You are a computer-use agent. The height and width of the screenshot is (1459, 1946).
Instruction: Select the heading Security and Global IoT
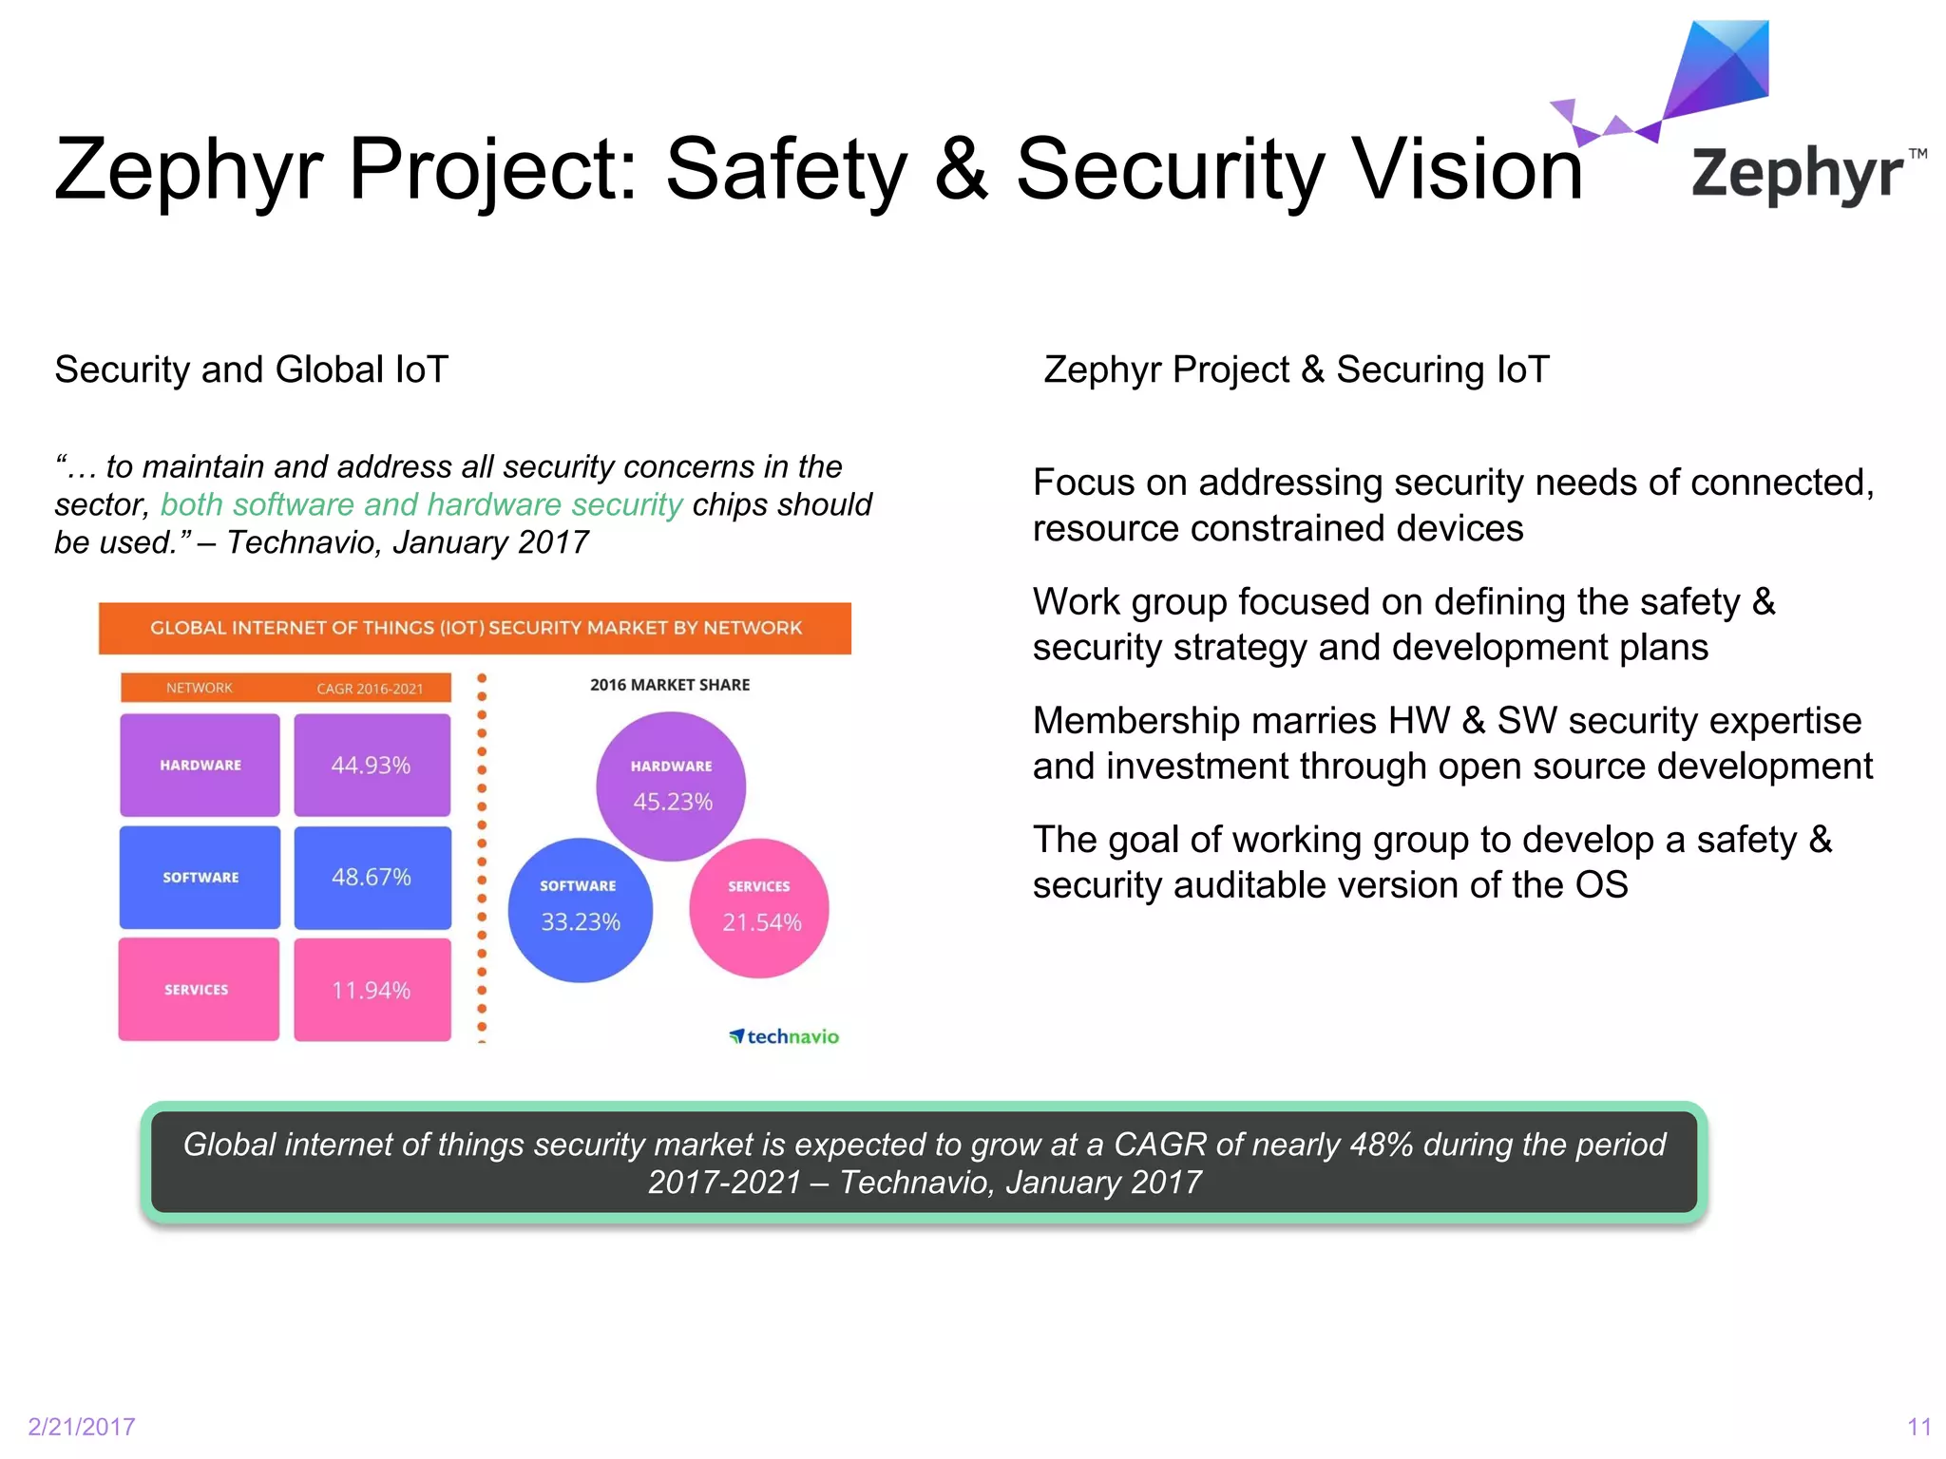coord(251,369)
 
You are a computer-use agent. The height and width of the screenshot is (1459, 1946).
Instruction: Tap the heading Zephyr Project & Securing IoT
coord(1296,369)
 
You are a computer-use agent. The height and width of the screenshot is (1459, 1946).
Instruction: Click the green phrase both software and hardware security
coord(421,504)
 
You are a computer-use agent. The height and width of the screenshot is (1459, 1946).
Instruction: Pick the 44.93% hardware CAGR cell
coord(372,765)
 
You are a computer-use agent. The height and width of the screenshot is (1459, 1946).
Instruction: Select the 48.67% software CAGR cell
coord(372,877)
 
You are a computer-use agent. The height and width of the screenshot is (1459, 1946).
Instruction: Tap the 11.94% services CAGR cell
coord(372,990)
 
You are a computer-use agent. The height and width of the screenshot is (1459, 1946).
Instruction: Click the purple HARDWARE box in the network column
coord(200,765)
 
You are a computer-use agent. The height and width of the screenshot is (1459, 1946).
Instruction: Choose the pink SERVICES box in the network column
coord(198,989)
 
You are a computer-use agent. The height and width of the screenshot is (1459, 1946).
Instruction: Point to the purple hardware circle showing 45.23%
coord(671,786)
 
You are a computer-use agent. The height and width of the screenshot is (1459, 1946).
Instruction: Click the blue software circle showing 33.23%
coord(580,909)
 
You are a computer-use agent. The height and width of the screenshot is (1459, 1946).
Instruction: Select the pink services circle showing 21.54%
coord(759,908)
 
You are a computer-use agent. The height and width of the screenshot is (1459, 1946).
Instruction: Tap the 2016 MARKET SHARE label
coord(670,685)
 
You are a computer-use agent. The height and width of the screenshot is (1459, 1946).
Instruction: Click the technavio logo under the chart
coord(785,1036)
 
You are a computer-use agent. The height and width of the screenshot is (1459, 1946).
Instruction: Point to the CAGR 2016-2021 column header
coord(370,688)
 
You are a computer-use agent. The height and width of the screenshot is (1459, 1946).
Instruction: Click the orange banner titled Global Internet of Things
coord(475,628)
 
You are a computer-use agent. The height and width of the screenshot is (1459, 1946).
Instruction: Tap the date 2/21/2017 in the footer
coord(82,1427)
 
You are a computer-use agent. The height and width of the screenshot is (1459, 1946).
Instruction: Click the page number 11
coord(1918,1427)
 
